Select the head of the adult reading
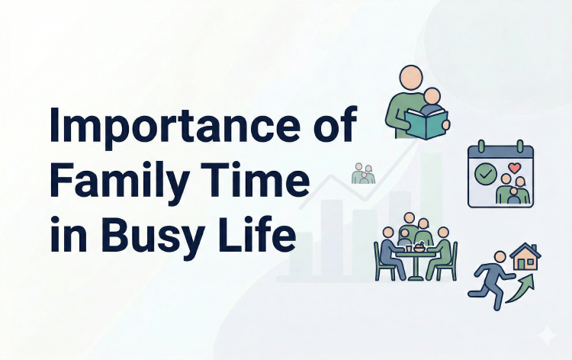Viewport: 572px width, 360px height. (x=411, y=76)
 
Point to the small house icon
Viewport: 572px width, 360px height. (x=526, y=257)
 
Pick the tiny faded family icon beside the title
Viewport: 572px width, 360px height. (x=363, y=174)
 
